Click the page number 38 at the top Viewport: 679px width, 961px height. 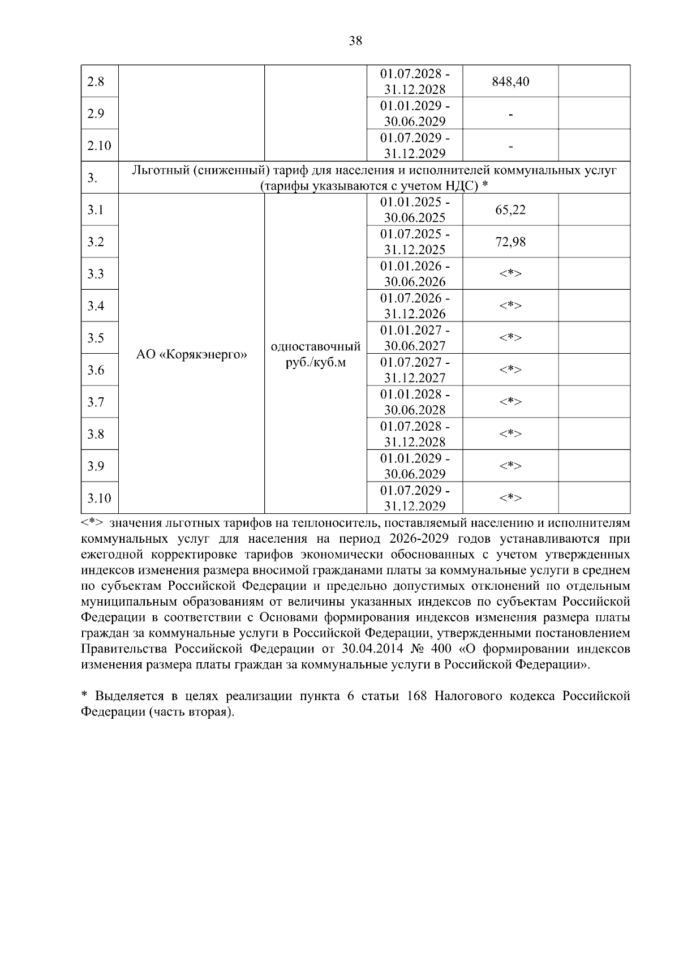356,41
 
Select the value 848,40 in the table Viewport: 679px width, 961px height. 510,81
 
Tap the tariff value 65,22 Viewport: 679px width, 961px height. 510,210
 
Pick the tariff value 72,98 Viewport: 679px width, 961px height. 510,242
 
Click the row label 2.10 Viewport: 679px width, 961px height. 99,146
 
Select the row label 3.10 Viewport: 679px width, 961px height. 99,499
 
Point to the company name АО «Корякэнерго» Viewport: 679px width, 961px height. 192,355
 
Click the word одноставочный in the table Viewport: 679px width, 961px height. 316,346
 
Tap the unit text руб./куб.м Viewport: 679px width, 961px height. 316,362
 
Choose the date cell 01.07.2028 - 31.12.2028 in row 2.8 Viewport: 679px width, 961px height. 415,81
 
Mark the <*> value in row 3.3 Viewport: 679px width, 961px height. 510,274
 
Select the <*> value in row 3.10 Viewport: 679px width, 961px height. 510,498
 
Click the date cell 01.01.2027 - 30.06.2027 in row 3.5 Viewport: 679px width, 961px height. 415,338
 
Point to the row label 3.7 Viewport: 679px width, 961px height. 96,402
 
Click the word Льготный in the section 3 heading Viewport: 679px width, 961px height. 159,170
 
